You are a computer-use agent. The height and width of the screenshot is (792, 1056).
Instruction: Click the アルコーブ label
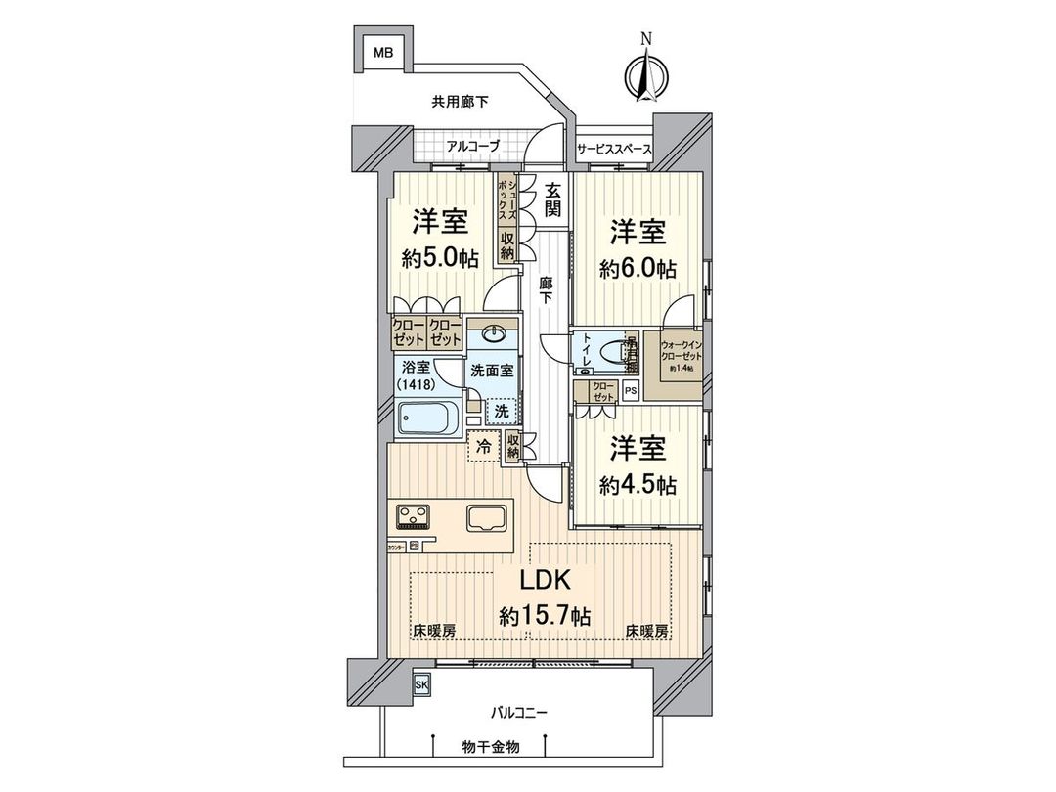pos(472,146)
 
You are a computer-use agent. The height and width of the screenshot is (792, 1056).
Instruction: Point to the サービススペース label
pos(614,149)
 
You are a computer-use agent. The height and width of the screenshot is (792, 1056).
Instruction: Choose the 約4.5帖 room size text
pos(638,484)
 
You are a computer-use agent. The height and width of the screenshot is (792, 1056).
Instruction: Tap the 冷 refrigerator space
pos(483,445)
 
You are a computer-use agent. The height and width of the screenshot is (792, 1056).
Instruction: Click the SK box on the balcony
pos(421,684)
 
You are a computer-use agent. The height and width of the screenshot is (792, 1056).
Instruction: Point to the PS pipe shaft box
pos(631,391)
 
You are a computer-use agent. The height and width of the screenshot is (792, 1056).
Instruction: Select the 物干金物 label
pos(491,747)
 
